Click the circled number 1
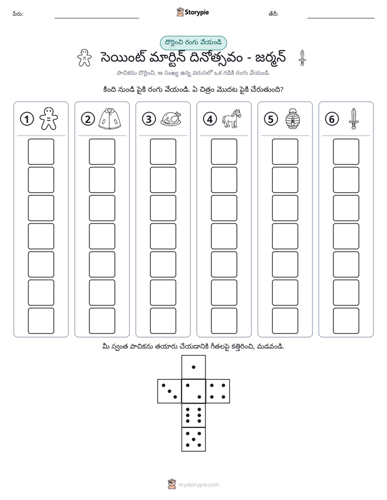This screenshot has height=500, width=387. tap(27, 119)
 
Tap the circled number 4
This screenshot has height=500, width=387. tap(210, 119)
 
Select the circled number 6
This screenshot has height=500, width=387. tap(332, 119)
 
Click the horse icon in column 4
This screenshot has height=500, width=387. tap(231, 119)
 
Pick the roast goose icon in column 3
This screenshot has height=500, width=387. tap(171, 119)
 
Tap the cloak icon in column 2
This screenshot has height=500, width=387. tap(110, 119)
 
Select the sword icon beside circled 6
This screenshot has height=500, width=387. tap(353, 119)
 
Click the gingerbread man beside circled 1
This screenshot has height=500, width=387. tap(49, 119)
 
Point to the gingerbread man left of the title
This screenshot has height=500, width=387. tap(85, 58)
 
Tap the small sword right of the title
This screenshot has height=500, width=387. tap(302, 58)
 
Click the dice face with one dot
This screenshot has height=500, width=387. tap(193, 367)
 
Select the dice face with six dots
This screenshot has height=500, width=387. tap(193, 415)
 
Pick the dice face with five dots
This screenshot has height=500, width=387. tap(193, 439)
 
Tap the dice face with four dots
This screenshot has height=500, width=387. tap(218, 391)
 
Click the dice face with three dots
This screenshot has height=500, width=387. tap(170, 391)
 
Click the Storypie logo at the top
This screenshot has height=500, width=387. tap(192, 12)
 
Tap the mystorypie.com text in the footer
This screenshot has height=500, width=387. tap(198, 485)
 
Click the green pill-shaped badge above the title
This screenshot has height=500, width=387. tap(193, 43)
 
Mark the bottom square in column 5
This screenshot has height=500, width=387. tap(285, 321)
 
